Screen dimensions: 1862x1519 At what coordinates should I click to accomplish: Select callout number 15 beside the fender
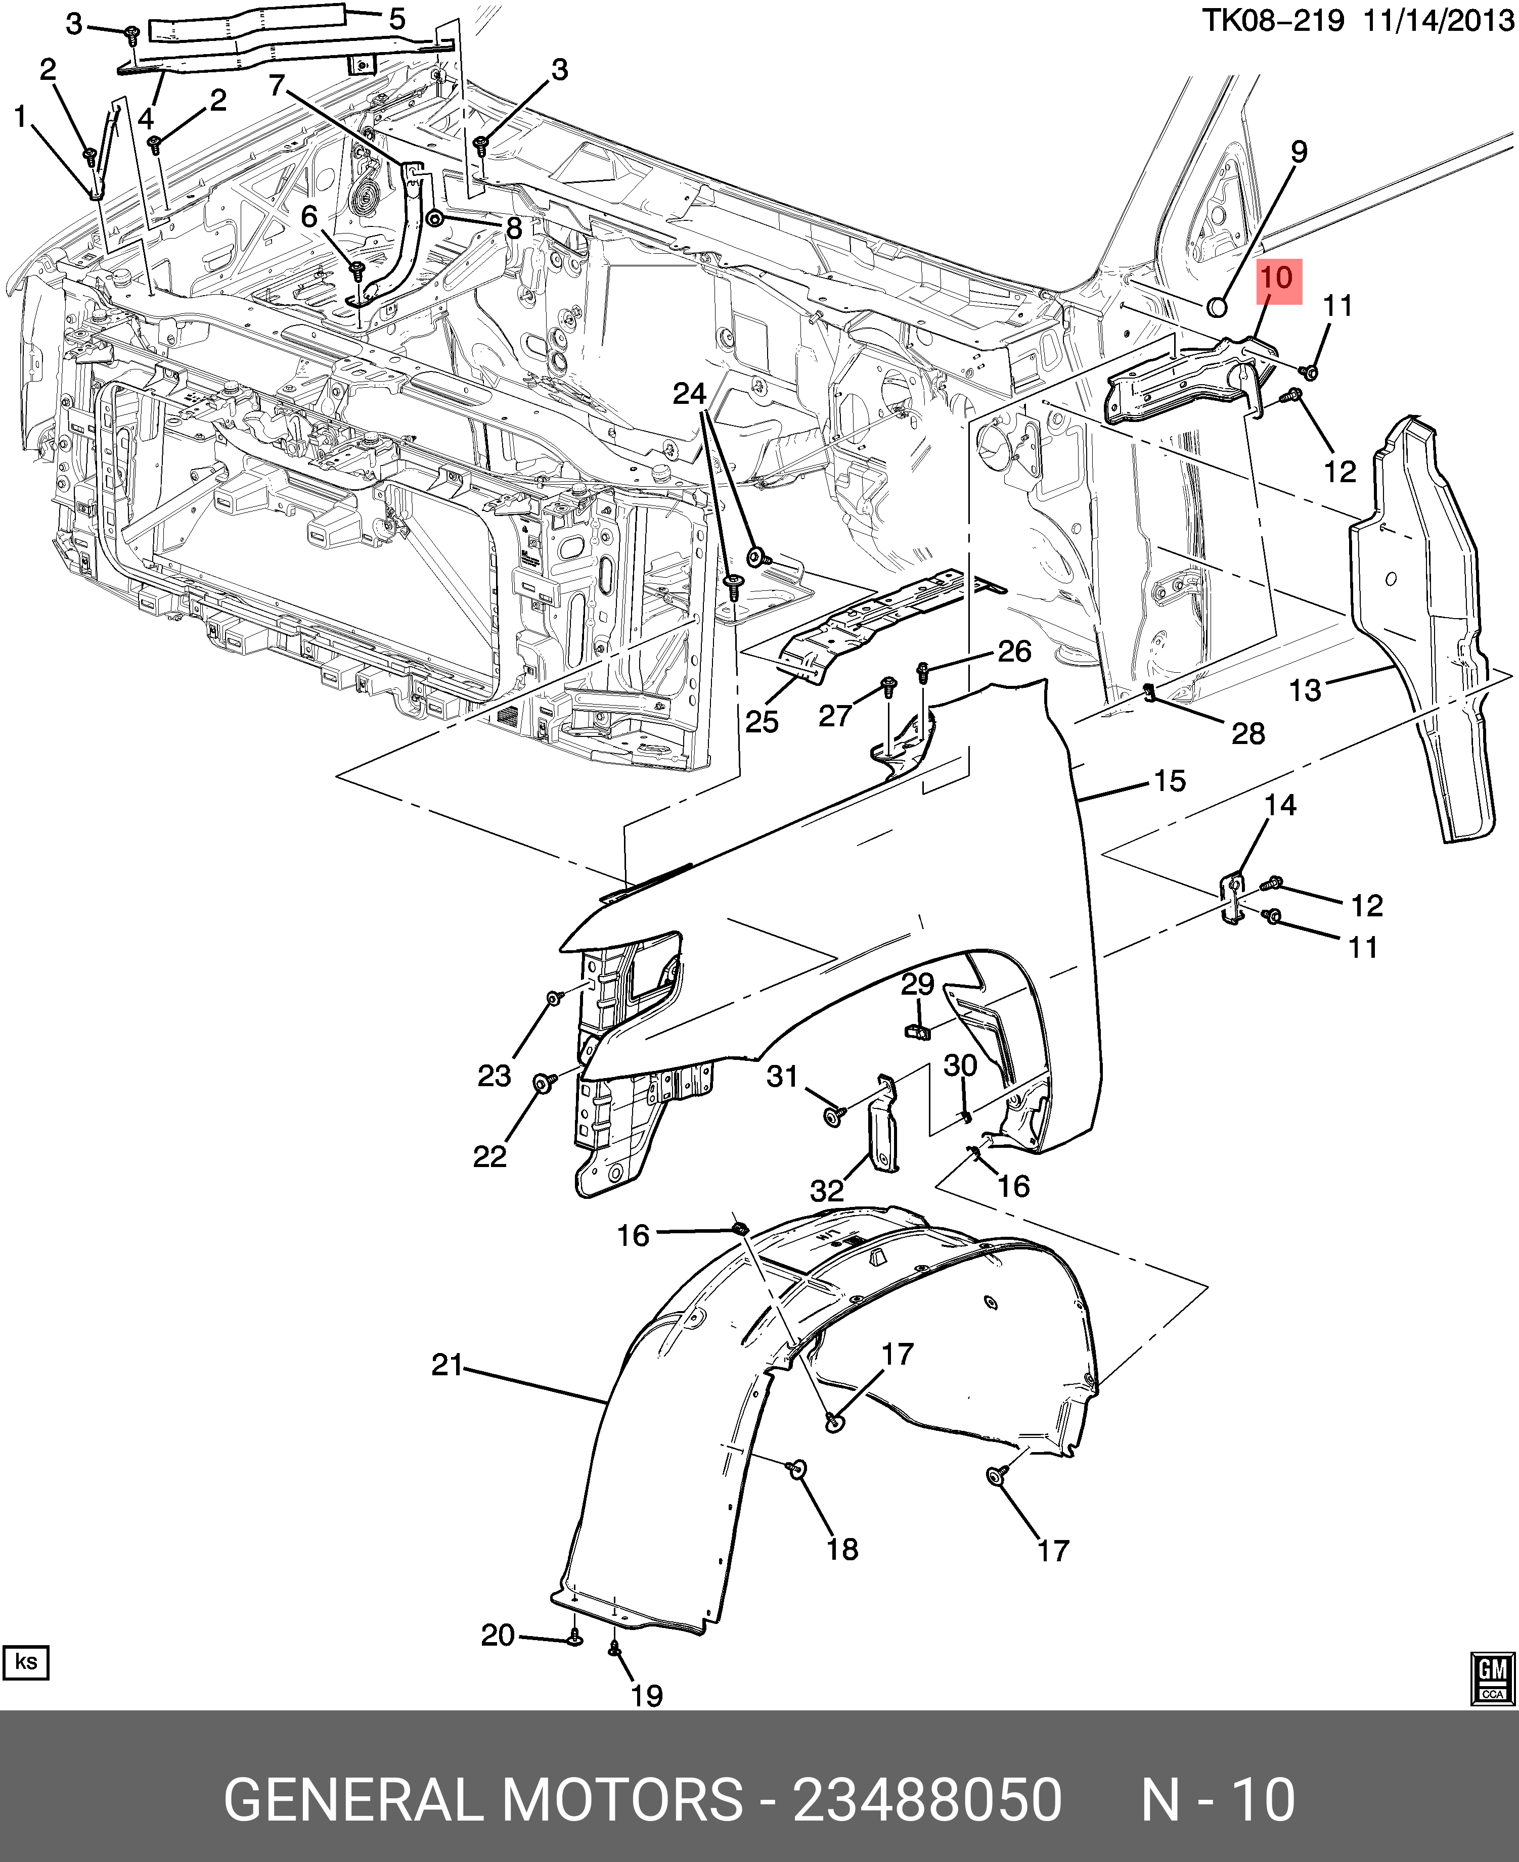point(1170,781)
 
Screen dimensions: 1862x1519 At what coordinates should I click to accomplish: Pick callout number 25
point(761,722)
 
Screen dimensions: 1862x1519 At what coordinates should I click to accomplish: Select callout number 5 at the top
point(397,19)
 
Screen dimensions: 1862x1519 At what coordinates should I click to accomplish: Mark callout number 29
point(918,985)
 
